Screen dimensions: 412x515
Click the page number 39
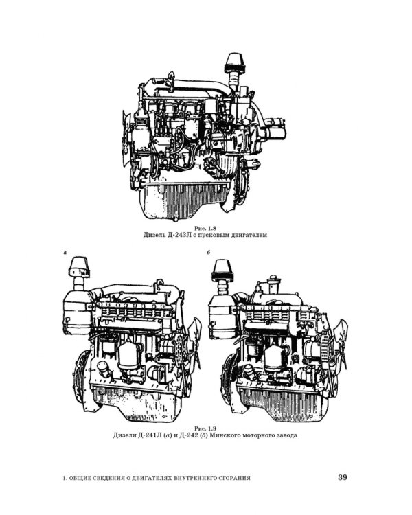[343, 477]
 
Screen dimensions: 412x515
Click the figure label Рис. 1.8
[205, 228]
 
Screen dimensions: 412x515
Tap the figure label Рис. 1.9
[205, 428]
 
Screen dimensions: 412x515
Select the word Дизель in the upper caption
[154, 235]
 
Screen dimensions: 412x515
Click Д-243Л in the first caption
[178, 235]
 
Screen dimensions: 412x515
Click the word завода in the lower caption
[286, 435]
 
